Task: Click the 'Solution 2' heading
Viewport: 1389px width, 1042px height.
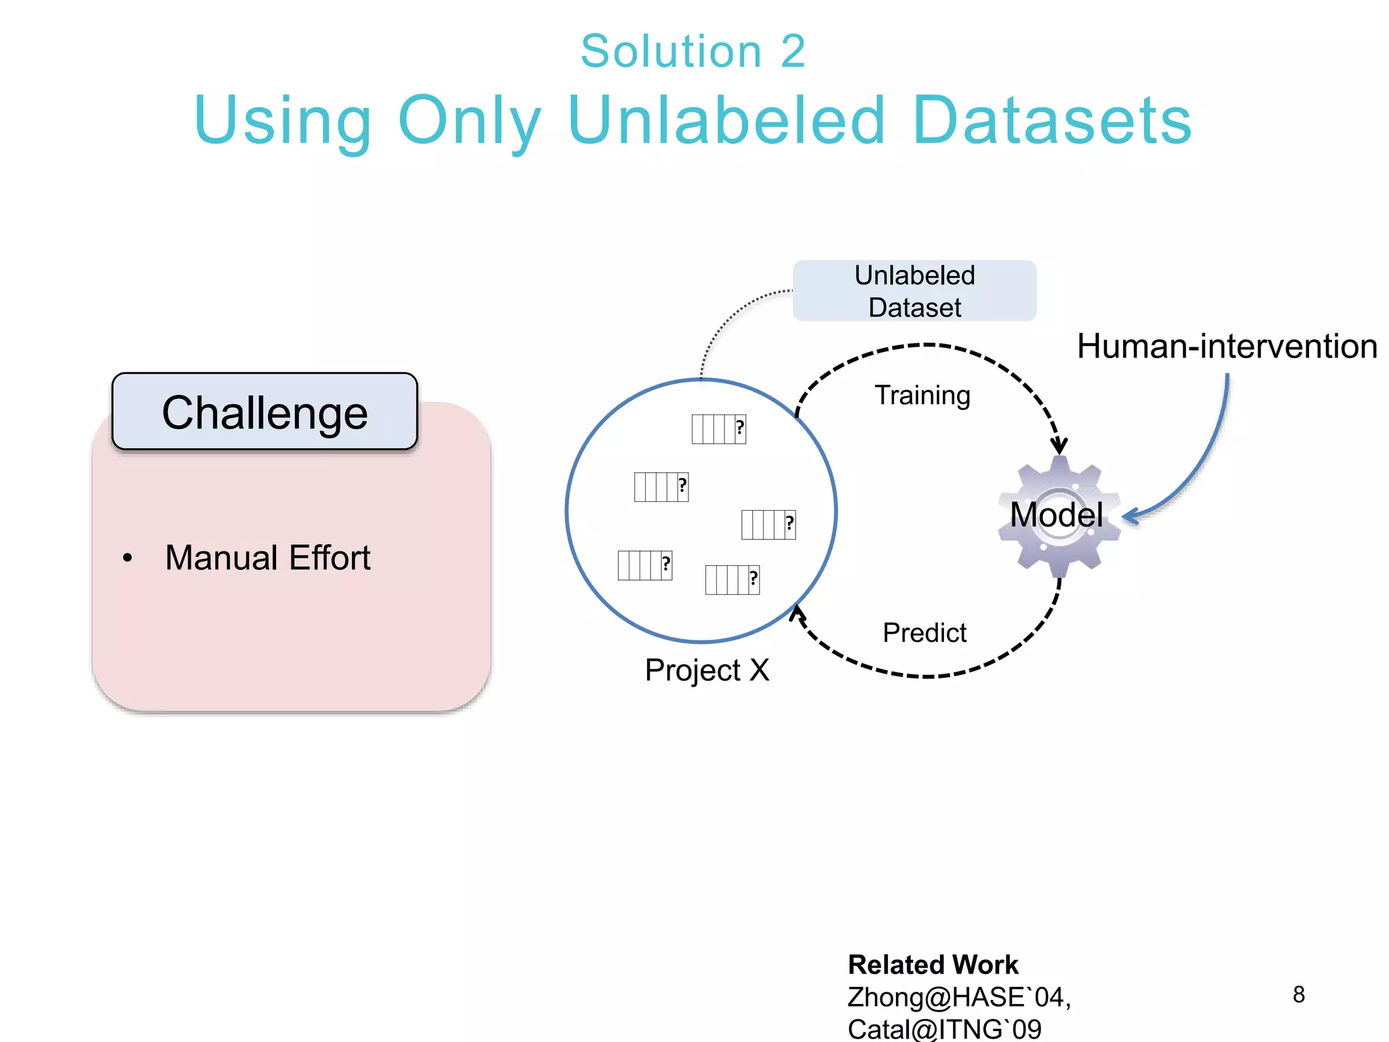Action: (x=692, y=52)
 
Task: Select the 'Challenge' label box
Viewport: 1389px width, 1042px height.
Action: (x=265, y=412)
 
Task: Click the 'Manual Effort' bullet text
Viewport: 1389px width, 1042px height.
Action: (x=267, y=558)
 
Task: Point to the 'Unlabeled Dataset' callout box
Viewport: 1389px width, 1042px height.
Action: (x=914, y=291)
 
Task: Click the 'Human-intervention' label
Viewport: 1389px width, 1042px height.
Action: (x=1226, y=347)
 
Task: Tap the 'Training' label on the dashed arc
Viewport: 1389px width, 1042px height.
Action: (x=922, y=395)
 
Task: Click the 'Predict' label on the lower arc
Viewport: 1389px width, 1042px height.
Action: (x=924, y=633)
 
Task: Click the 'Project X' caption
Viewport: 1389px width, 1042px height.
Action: (x=707, y=670)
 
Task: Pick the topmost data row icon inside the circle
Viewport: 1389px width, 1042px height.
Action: (x=718, y=429)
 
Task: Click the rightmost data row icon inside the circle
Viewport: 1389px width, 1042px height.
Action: (x=768, y=524)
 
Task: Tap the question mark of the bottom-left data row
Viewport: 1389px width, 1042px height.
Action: (x=666, y=564)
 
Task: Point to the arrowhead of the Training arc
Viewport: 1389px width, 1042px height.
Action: (x=1059, y=446)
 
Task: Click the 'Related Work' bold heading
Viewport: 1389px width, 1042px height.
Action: (x=933, y=965)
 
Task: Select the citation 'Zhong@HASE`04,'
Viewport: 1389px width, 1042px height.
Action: (x=958, y=997)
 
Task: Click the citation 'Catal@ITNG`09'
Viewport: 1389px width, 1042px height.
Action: (x=943, y=1028)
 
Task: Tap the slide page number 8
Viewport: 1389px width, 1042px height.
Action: (x=1298, y=995)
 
